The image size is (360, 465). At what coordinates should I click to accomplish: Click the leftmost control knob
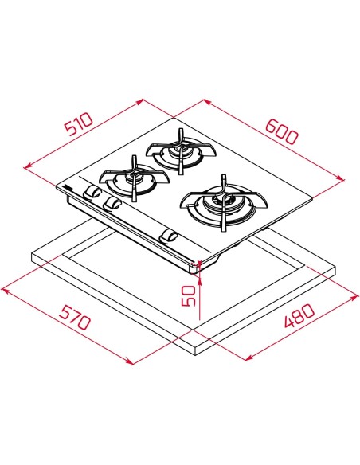pos(94,194)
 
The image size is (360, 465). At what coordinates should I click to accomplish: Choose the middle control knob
pos(113,205)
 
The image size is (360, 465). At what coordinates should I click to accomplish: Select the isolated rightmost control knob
pos(169,235)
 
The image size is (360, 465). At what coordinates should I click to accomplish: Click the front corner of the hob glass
pos(197,264)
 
